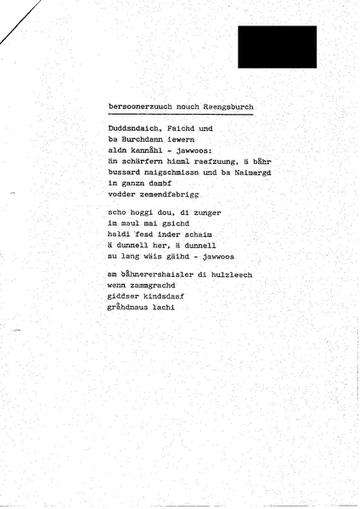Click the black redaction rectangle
pos(277,47)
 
